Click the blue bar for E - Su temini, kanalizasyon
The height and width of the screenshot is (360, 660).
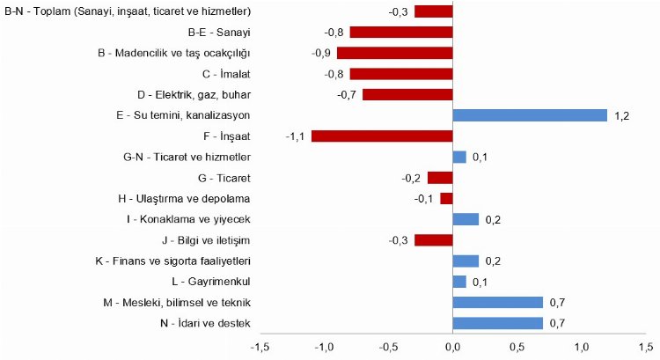[x=530, y=115]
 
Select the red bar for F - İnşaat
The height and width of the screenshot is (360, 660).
[x=382, y=136]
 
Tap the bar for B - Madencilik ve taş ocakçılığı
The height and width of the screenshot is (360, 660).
[x=395, y=53]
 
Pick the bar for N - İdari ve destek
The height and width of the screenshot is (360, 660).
[x=497, y=323]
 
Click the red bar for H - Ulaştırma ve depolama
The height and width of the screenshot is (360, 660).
[x=446, y=198]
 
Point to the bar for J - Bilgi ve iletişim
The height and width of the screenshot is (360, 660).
[x=433, y=239]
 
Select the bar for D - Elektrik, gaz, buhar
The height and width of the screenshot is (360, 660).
[x=407, y=94]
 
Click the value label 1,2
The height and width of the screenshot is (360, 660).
[x=622, y=116]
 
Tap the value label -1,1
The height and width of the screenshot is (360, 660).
[x=295, y=136]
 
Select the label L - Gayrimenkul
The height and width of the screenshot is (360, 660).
[x=212, y=282]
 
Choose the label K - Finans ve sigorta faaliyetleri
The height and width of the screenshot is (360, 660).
[x=173, y=261]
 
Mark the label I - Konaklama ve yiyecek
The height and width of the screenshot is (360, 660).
[x=188, y=219]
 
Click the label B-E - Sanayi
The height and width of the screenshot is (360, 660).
[x=219, y=33]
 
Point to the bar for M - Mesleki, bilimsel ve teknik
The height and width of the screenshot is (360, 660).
[x=497, y=302]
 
